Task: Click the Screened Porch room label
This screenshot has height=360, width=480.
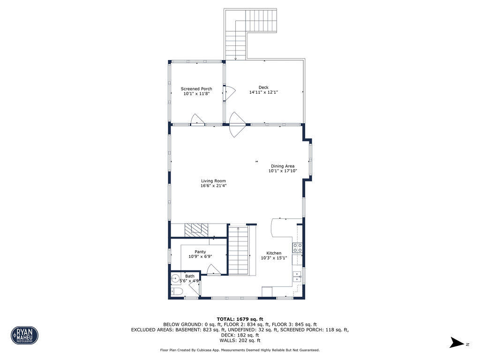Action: [196, 89]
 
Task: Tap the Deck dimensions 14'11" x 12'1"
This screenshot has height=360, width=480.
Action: [263, 92]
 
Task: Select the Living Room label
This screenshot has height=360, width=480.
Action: [213, 181]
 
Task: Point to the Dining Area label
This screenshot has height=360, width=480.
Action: [282, 166]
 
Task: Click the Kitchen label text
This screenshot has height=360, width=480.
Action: [274, 253]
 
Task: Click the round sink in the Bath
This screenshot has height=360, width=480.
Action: [175, 277]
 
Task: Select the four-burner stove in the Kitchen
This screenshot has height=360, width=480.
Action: [298, 248]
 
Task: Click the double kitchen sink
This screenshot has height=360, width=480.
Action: [298, 277]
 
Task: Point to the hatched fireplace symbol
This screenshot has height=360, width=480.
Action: [196, 229]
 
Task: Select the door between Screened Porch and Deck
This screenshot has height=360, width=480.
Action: [228, 93]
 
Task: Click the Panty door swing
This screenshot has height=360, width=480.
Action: [213, 270]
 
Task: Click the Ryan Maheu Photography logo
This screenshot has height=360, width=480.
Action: [24, 335]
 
